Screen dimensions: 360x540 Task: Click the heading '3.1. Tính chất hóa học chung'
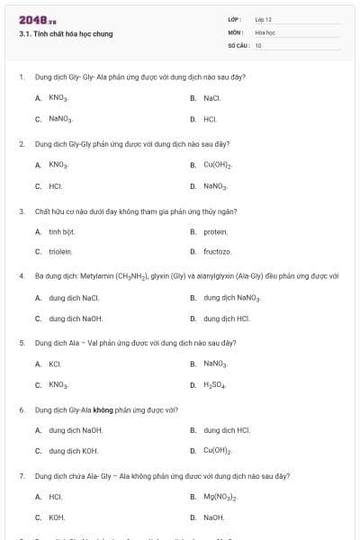pyautogui.click(x=66, y=34)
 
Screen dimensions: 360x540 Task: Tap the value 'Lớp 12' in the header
pyautogui.click(x=264, y=19)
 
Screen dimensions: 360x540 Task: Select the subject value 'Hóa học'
pyautogui.click(x=265, y=31)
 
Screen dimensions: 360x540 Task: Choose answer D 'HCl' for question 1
pyautogui.click(x=210, y=119)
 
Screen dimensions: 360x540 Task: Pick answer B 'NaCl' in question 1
pyautogui.click(x=211, y=98)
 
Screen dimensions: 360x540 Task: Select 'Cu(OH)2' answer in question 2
pyautogui.click(x=218, y=166)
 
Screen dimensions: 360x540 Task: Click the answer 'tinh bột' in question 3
pyautogui.click(x=61, y=231)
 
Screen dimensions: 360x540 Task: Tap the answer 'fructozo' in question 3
pyautogui.click(x=217, y=252)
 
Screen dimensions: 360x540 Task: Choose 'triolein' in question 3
pyautogui.click(x=60, y=252)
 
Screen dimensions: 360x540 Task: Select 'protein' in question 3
pyautogui.click(x=215, y=231)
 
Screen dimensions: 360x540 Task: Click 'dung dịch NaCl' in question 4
pyautogui.click(x=74, y=298)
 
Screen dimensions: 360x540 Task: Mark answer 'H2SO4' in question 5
pyautogui.click(x=216, y=385)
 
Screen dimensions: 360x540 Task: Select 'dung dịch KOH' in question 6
pyautogui.click(x=74, y=451)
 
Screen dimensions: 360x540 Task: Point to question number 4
pyautogui.click(x=22, y=275)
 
